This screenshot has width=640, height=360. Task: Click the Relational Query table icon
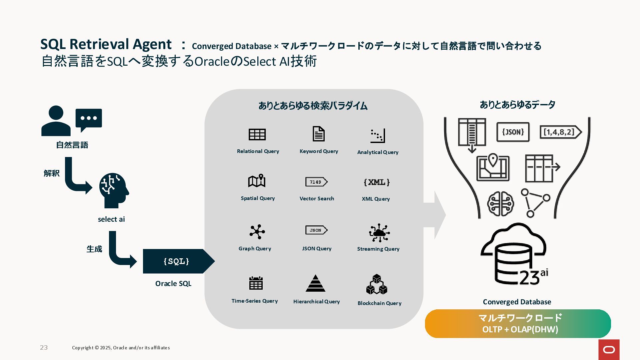tap(257, 134)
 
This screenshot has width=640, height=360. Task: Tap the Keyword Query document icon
tap(318, 134)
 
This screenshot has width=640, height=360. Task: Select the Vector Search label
tap(317, 199)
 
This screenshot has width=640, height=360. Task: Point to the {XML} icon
tap(377, 182)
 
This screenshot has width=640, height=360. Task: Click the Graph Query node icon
tap(257, 232)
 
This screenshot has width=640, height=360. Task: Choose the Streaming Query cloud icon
tap(379, 233)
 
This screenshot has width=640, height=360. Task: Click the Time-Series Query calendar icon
tap(256, 283)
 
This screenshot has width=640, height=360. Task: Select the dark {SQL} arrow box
tap(177, 261)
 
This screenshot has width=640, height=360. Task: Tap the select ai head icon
tap(114, 190)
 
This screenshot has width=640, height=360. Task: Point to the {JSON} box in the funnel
tap(513, 132)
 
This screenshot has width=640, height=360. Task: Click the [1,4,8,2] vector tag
tap(560, 132)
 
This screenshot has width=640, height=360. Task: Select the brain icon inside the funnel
tap(500, 204)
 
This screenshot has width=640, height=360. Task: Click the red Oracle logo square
tap(609, 350)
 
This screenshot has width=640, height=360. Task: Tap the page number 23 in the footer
tap(44, 348)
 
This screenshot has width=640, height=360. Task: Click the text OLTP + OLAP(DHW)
tap(520, 329)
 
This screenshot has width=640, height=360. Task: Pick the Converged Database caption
tap(517, 302)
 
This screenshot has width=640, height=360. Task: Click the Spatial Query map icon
tap(257, 181)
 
